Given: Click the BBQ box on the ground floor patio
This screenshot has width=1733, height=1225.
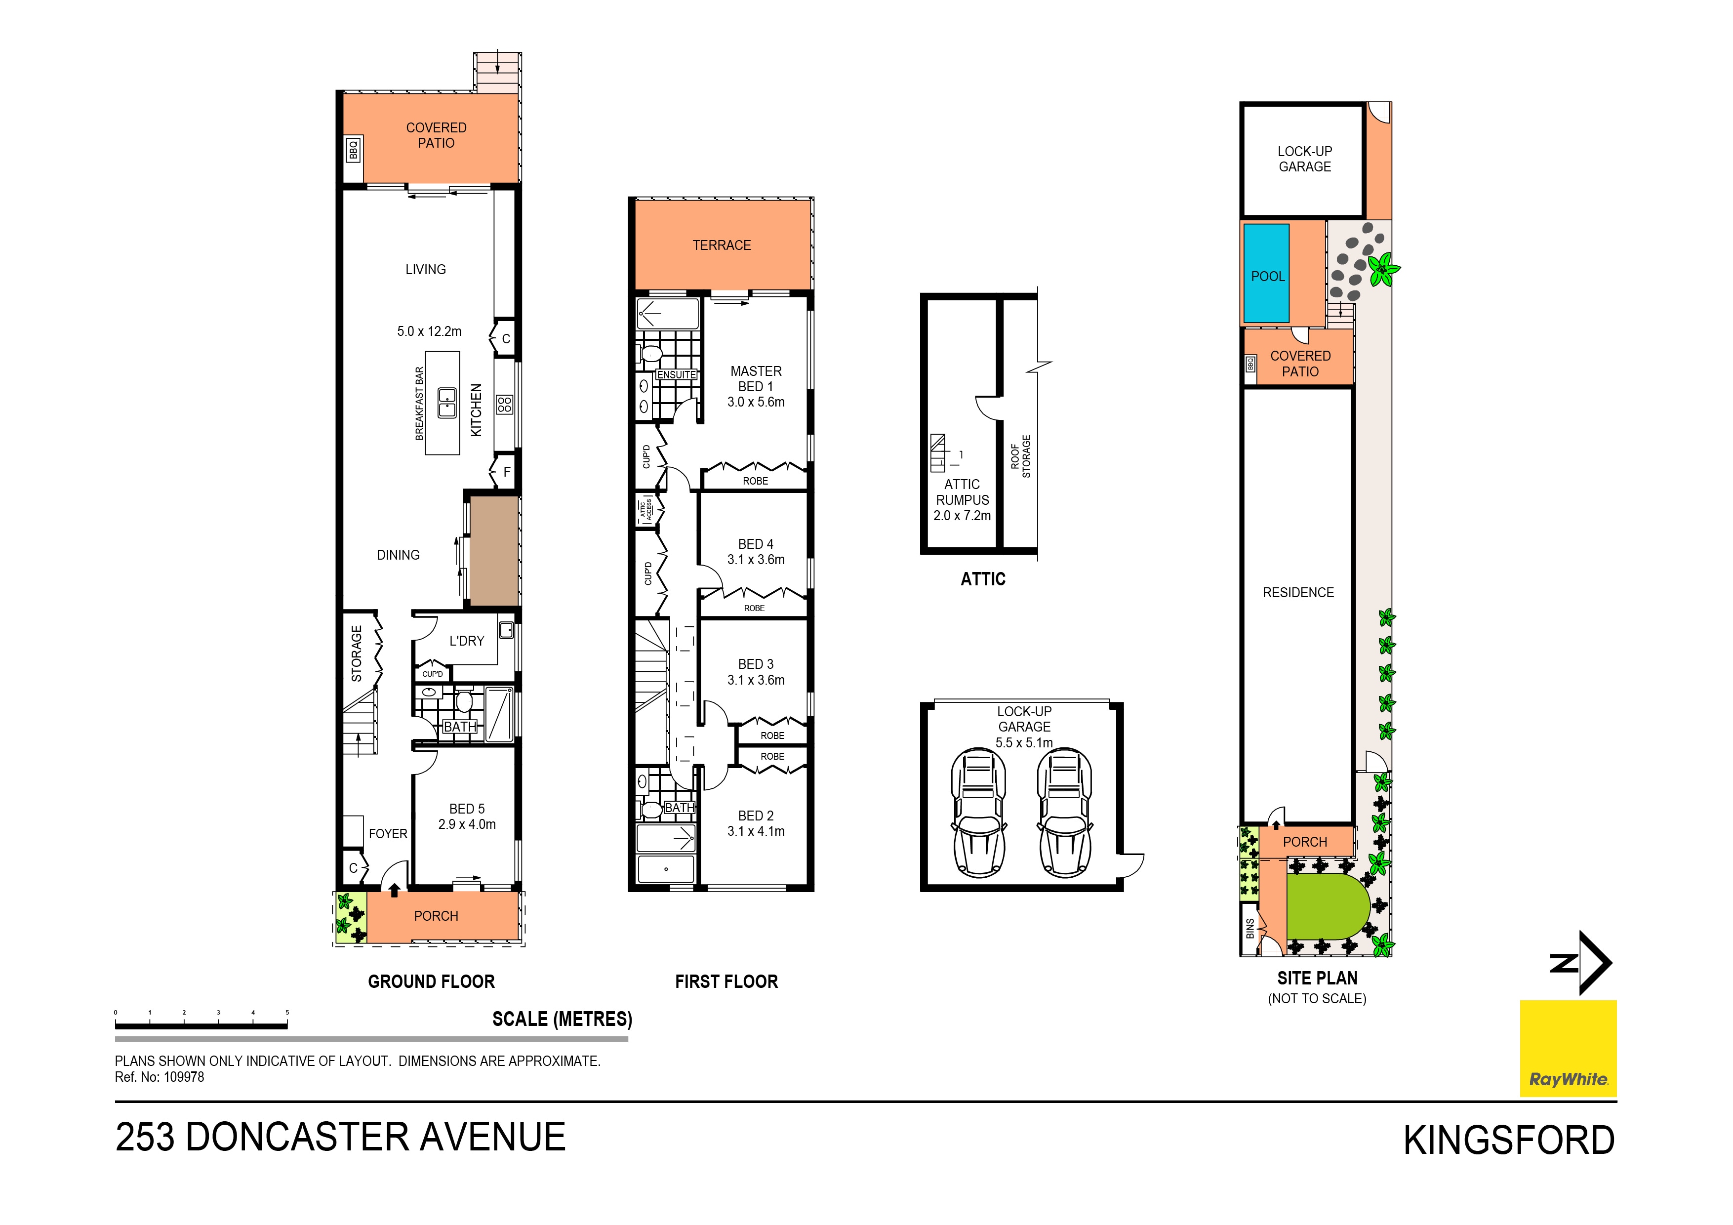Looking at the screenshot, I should point(353,150).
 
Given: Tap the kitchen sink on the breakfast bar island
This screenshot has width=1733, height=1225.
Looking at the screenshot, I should point(447,403).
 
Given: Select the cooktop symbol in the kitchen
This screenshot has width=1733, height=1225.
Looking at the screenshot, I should point(504,404).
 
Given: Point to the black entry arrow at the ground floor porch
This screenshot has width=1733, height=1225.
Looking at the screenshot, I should point(394,890).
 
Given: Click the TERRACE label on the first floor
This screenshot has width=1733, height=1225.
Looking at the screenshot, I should point(722,245).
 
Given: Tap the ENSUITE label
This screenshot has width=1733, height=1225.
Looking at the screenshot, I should point(676,374).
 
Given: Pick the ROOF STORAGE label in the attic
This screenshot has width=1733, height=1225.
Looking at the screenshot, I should point(1020,456).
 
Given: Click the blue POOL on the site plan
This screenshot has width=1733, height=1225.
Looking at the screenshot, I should point(1267,273).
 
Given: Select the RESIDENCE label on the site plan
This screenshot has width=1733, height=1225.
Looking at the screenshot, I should point(1298,593).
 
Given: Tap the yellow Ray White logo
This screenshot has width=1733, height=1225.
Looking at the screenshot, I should point(1568,1048).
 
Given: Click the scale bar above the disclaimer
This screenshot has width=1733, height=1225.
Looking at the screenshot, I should point(201,1024).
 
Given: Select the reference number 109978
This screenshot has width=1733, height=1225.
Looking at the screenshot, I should point(183,1077).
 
